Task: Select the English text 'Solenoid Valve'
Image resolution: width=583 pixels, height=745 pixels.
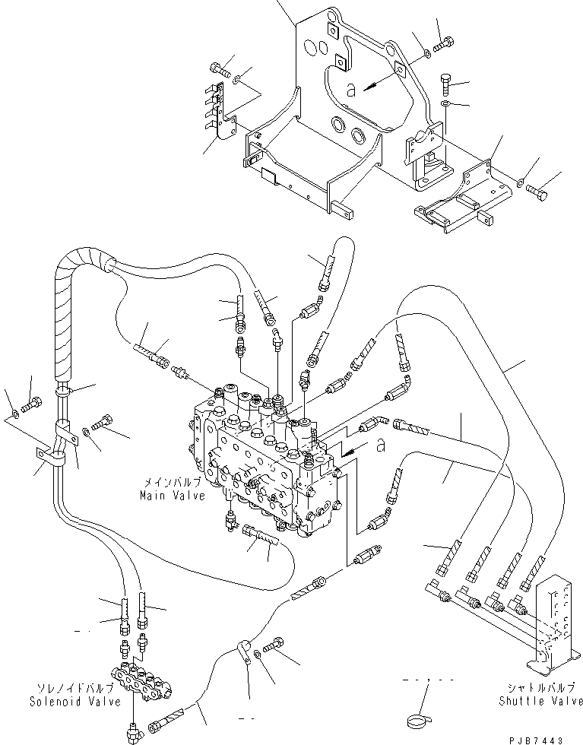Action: coord(74,702)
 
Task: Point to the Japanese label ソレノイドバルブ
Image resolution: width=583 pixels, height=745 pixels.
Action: coord(74,689)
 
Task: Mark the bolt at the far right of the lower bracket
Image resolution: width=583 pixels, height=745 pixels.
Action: coord(538,191)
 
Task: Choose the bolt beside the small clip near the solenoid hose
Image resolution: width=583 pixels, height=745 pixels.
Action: coord(275,645)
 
